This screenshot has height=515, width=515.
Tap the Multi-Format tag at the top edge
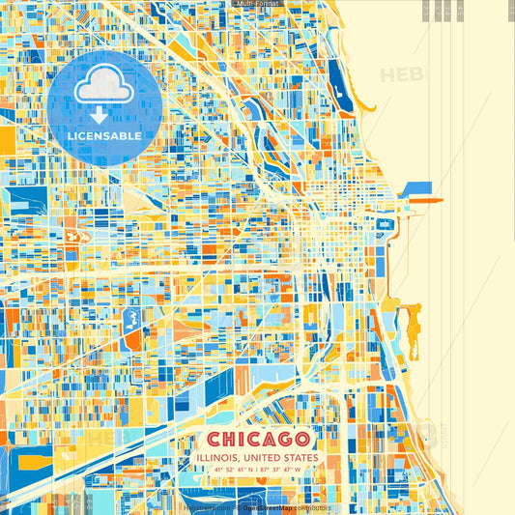[x=256, y=4]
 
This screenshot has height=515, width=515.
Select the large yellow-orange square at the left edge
[x=7, y=141]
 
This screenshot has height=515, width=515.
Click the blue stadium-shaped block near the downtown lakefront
[x=385, y=225]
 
